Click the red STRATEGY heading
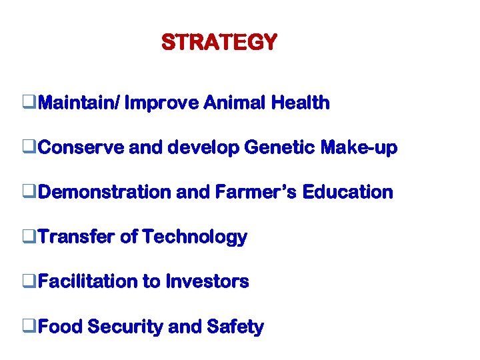(x=219, y=43)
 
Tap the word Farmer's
(x=257, y=192)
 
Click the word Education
(x=347, y=192)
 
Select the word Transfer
(x=77, y=237)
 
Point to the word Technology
(x=195, y=237)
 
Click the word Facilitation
(x=87, y=281)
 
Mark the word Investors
(x=207, y=281)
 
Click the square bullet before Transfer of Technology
(x=27, y=237)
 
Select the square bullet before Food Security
(x=27, y=327)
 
